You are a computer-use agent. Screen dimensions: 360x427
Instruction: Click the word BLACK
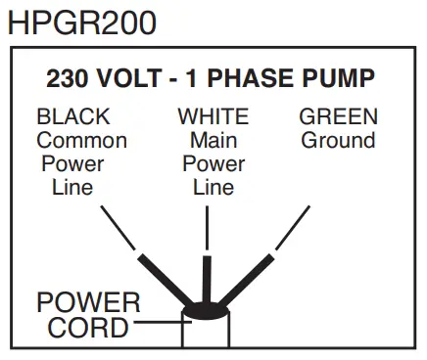pos(73,117)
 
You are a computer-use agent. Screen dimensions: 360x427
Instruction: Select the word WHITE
pos(213,117)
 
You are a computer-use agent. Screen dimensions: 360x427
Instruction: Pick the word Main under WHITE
pos(213,140)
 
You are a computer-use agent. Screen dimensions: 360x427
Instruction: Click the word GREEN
pos(338,117)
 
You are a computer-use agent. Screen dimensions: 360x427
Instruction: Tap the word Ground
pos(338,140)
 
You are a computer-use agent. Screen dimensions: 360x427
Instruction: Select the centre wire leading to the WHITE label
pos(208,274)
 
